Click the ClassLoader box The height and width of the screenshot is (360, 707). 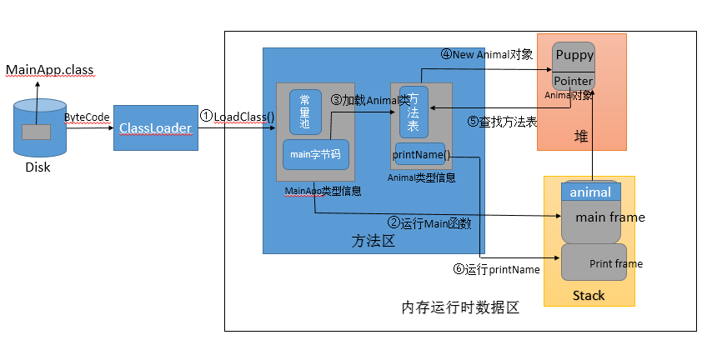click(x=156, y=127)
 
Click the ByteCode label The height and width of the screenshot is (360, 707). click(x=88, y=117)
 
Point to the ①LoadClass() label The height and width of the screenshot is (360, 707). click(x=238, y=117)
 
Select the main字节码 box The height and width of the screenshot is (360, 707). click(x=315, y=154)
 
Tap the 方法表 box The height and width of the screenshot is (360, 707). click(x=413, y=112)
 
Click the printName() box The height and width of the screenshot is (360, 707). click(x=421, y=154)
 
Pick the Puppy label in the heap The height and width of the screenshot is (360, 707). click(x=574, y=56)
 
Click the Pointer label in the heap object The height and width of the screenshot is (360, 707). click(x=574, y=81)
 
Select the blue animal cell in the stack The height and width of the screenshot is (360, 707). click(x=590, y=192)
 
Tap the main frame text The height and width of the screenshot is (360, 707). click(x=609, y=217)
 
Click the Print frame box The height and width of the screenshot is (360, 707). click(x=594, y=262)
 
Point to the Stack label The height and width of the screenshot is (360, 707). click(x=589, y=296)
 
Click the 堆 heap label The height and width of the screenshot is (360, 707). click(x=581, y=135)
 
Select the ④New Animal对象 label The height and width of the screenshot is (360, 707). click(x=486, y=55)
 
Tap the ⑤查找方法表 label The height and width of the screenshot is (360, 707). click(x=502, y=121)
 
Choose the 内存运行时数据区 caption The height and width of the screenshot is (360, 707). click(x=460, y=308)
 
